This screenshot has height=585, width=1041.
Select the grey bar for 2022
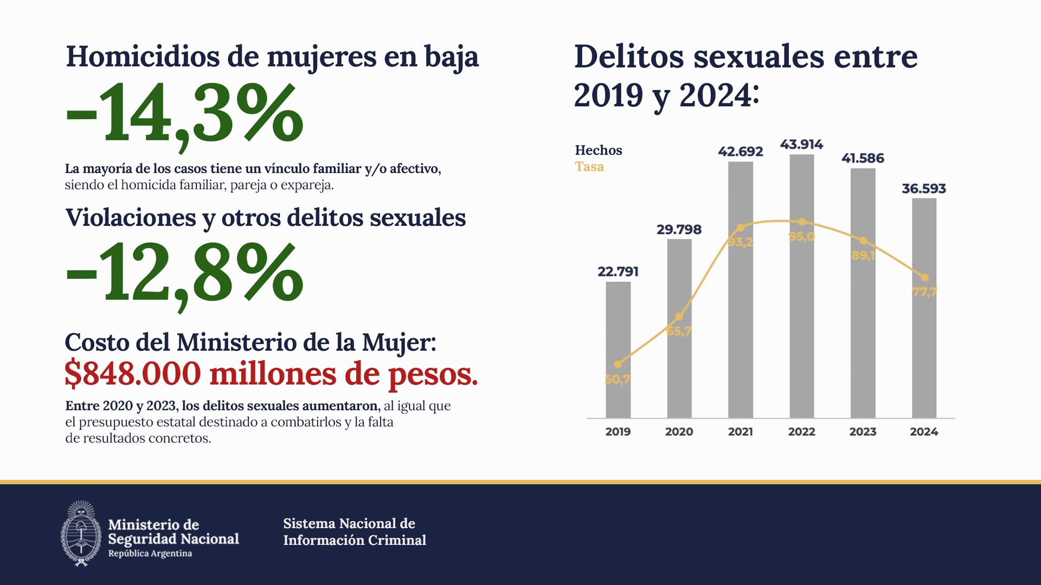tap(801, 325)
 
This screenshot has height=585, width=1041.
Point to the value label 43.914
tap(801, 145)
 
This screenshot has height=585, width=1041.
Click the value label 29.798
tap(679, 230)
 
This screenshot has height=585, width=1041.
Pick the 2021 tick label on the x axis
tap(740, 432)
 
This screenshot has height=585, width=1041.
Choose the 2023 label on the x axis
tap(863, 432)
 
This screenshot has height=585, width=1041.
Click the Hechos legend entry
tap(599, 151)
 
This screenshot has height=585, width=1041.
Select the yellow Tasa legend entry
tap(589, 167)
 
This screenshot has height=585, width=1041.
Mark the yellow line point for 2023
tap(863, 240)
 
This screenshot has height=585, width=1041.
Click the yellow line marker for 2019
tap(618, 365)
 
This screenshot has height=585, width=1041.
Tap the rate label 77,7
tap(924, 292)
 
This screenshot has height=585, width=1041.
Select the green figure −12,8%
tap(184, 274)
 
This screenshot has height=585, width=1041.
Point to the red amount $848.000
tap(133, 374)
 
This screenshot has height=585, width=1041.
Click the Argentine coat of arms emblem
tap(81, 534)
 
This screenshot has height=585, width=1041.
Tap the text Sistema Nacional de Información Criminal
tap(355, 531)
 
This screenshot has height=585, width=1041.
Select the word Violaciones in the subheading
tap(131, 218)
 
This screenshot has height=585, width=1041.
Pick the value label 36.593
tap(924, 188)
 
